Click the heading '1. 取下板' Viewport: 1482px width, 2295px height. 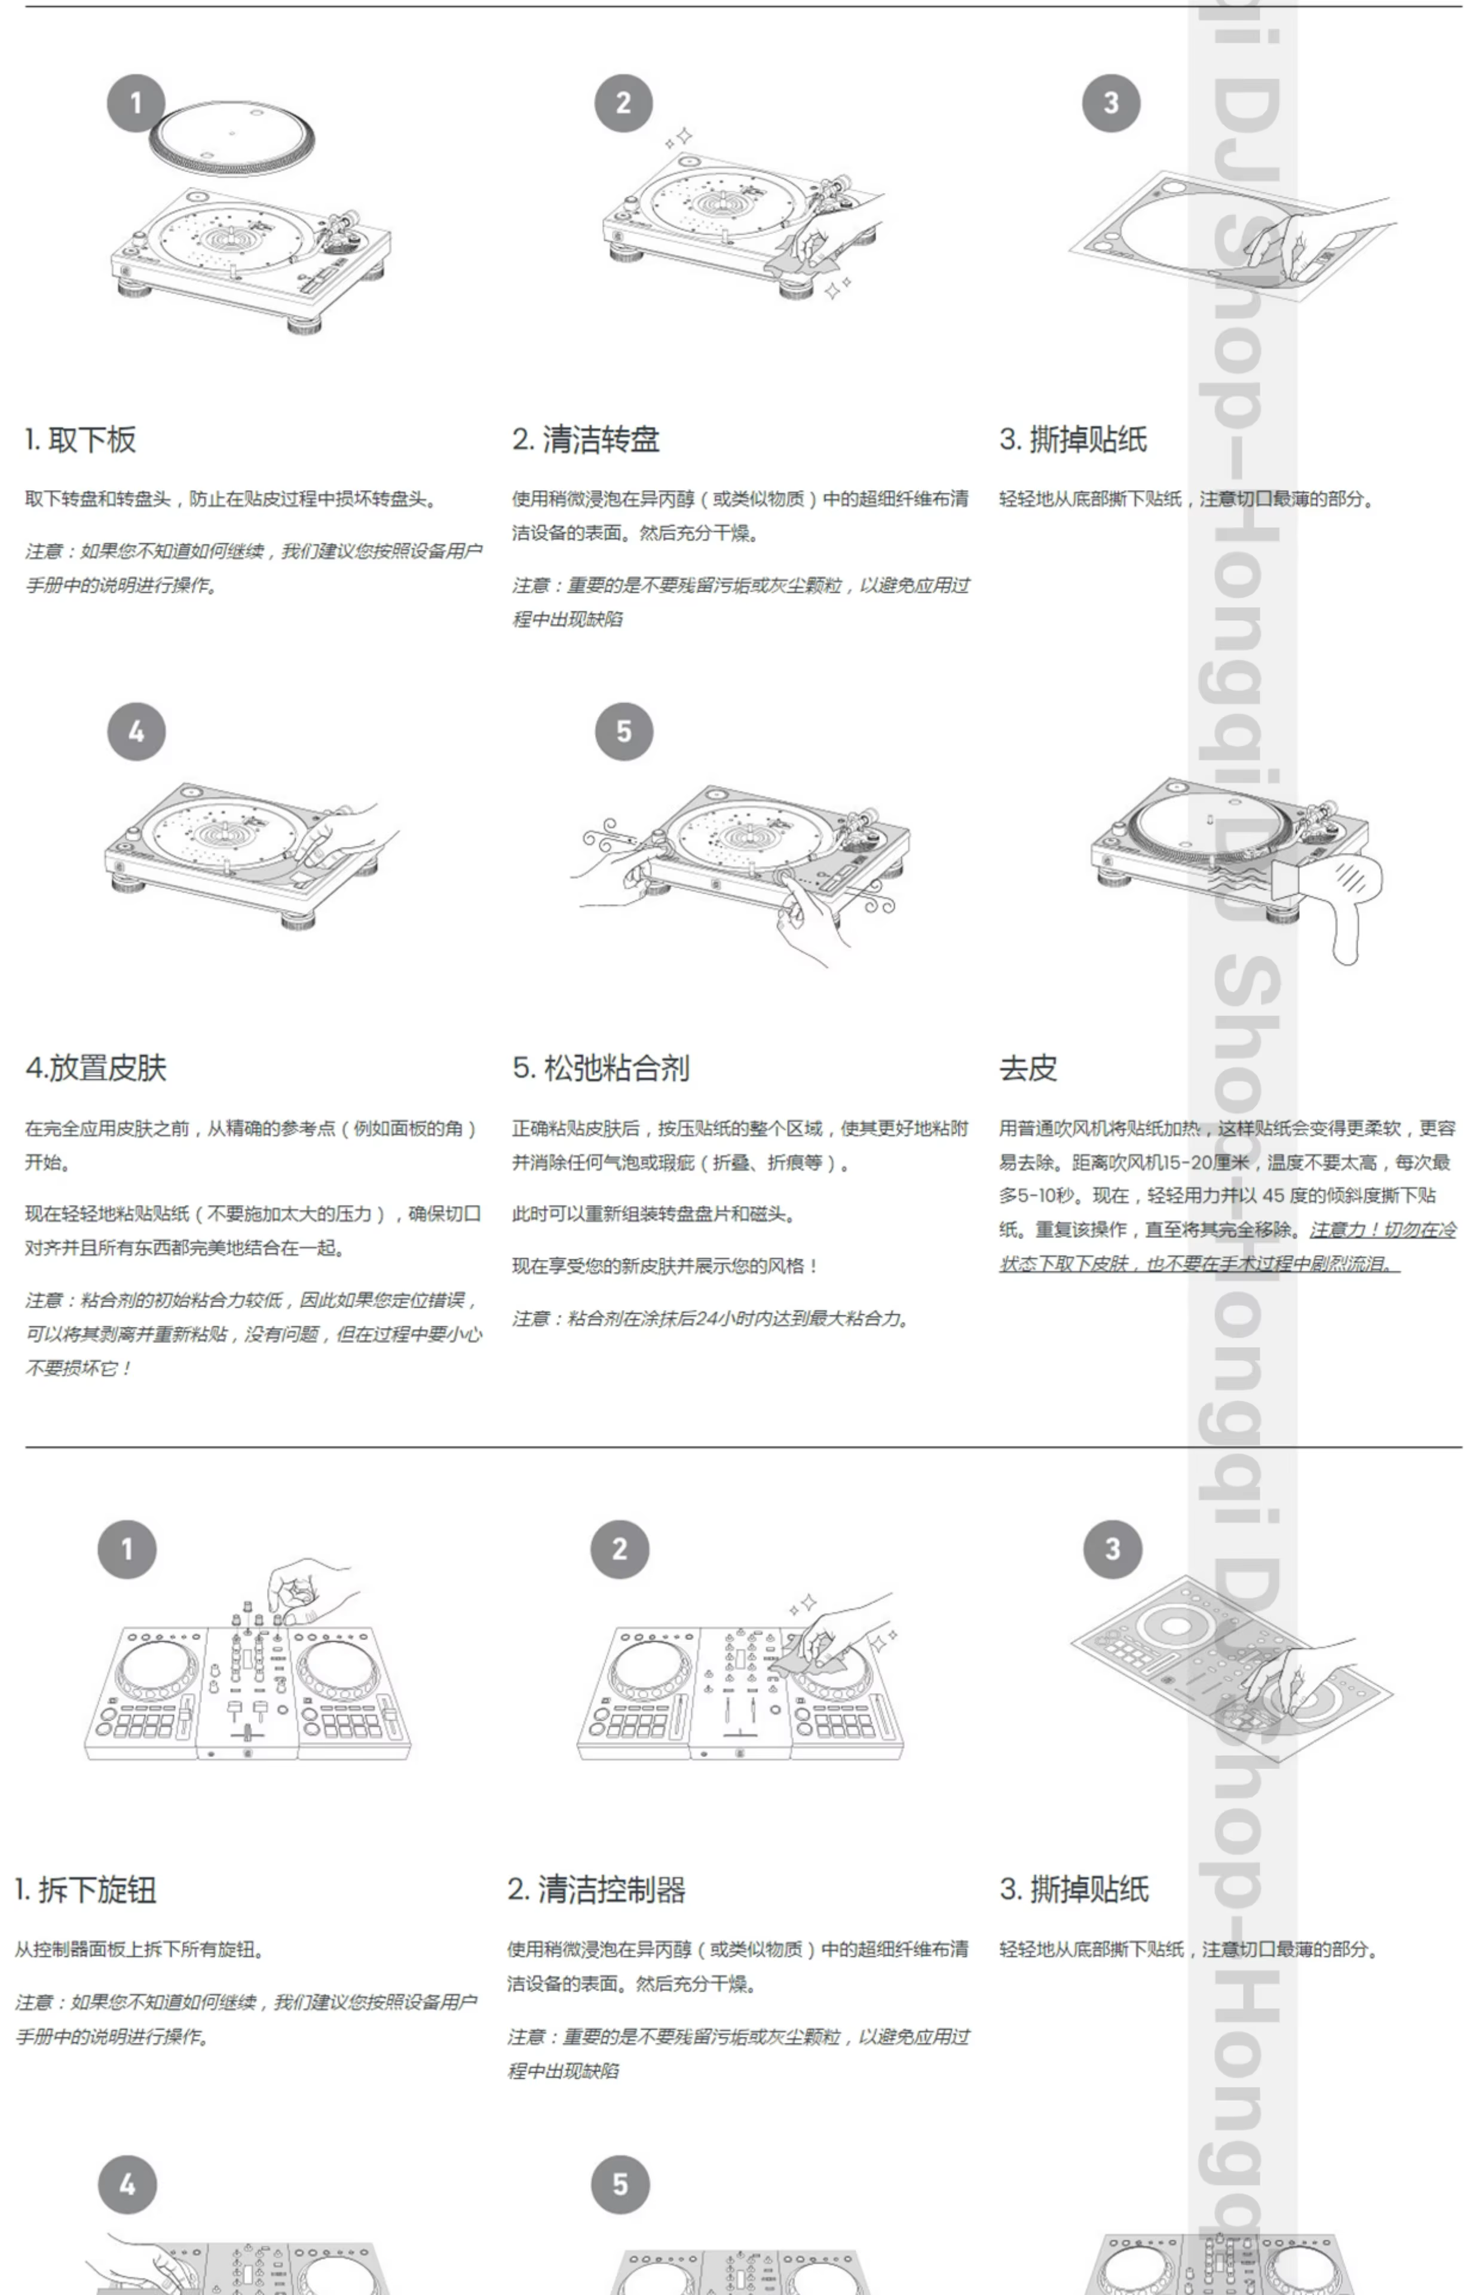81,440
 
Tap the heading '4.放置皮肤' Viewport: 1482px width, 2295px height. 96,1068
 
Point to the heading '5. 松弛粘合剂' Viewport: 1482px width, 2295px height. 601,1068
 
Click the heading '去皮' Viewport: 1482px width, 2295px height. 1028,1068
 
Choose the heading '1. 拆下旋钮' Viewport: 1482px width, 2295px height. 85,1889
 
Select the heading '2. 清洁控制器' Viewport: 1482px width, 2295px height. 596,1889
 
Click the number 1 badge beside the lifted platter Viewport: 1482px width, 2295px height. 136,103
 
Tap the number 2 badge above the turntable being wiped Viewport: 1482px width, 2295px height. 624,103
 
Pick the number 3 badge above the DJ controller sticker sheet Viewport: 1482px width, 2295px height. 1113,1549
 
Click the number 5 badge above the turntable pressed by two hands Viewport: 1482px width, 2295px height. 624,732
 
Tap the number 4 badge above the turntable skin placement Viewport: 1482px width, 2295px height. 136,732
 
